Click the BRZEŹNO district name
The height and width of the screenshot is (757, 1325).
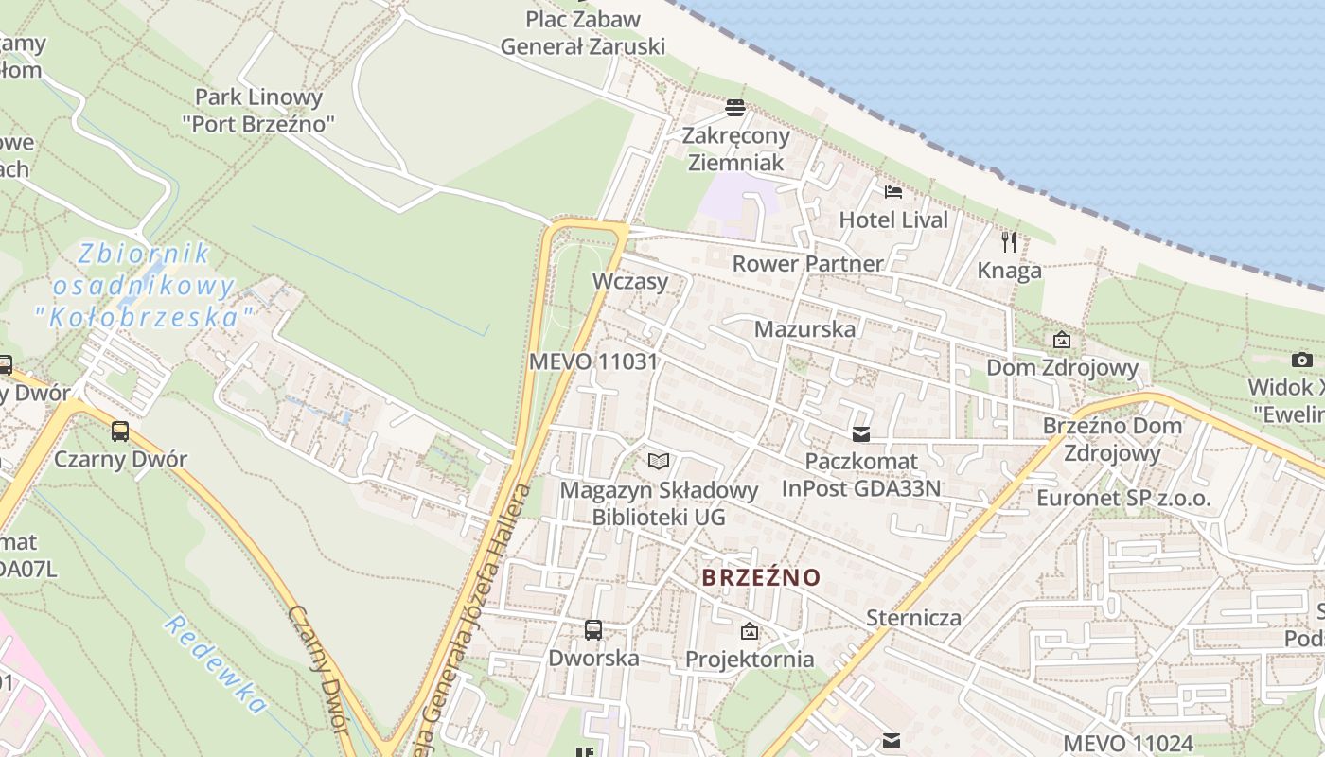pyautogui.click(x=761, y=577)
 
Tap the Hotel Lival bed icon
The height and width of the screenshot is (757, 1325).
pyautogui.click(x=893, y=192)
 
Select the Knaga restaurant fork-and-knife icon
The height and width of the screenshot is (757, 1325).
pyautogui.click(x=1009, y=242)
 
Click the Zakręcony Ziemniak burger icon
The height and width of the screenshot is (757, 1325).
pyautogui.click(x=735, y=107)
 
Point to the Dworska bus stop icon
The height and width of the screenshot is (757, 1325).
pyautogui.click(x=593, y=629)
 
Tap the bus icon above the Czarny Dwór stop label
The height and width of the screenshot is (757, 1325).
pyautogui.click(x=120, y=431)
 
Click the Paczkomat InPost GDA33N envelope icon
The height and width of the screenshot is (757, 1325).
pyautogui.click(x=861, y=434)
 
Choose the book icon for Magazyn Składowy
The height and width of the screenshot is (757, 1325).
pyautogui.click(x=659, y=461)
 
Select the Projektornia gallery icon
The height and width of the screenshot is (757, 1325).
pyautogui.click(x=750, y=630)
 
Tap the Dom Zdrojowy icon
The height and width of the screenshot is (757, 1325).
pyautogui.click(x=1062, y=339)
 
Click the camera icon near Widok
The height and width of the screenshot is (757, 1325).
pyautogui.click(x=1302, y=360)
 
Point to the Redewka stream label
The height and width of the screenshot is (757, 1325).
pyautogui.click(x=215, y=664)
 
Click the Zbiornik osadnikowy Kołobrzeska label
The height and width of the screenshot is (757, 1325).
pyautogui.click(x=143, y=284)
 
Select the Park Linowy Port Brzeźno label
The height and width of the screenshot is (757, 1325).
pyautogui.click(x=258, y=110)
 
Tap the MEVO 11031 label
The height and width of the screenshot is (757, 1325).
pyautogui.click(x=593, y=361)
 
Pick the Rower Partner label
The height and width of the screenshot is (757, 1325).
pyautogui.click(x=807, y=263)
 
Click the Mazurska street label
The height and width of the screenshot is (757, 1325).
pyautogui.click(x=804, y=329)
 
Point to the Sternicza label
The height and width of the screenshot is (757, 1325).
pyautogui.click(x=913, y=619)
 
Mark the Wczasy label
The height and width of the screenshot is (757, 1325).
pyautogui.click(x=630, y=281)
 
